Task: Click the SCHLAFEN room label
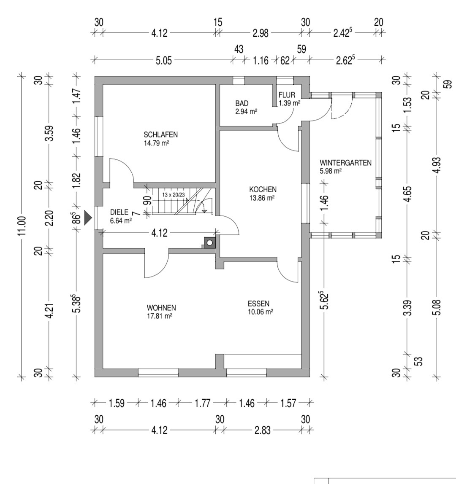[160, 135]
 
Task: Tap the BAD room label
[242, 103]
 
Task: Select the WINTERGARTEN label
[345, 163]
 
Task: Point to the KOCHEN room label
[263, 189]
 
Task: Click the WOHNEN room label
[161, 308]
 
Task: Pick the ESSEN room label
[258, 304]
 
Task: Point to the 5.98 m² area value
[331, 171]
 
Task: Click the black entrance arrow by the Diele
[88, 218]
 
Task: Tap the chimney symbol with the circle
[210, 243]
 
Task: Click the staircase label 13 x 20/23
[174, 194]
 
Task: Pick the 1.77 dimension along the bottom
[204, 403]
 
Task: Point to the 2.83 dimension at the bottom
[263, 430]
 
